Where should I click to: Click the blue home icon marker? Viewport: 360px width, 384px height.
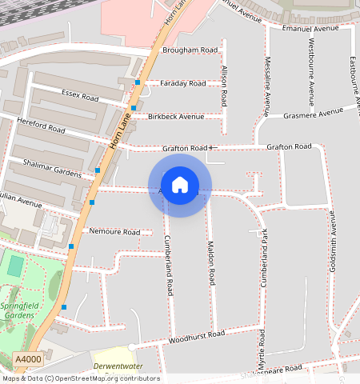180,185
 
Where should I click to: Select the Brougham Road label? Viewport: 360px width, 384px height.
190,50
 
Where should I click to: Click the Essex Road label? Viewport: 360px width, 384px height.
79,96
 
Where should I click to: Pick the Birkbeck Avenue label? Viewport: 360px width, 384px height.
176,116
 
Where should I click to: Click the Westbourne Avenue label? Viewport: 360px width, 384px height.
311,79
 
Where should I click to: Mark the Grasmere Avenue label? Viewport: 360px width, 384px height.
314,113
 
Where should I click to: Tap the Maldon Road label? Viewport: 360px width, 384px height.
211,264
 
